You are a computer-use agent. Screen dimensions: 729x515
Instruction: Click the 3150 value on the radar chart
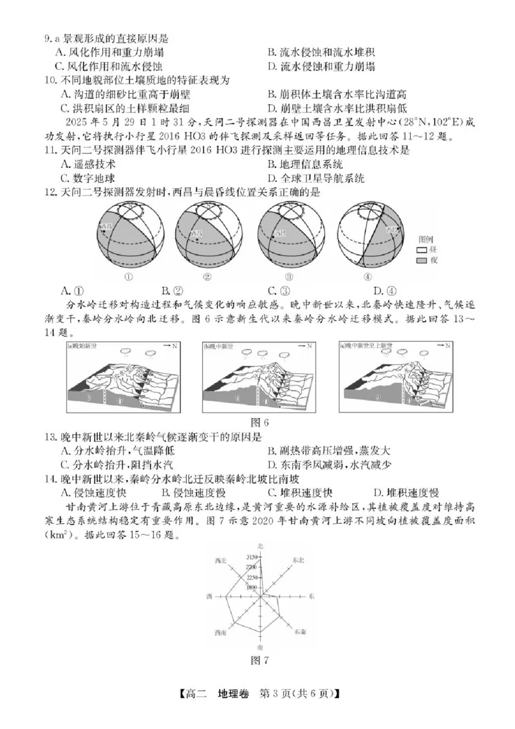coord(251,557)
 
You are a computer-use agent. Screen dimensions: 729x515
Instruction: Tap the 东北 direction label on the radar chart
coord(298,560)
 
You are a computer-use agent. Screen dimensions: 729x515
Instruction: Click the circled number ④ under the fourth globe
coord(368,277)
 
